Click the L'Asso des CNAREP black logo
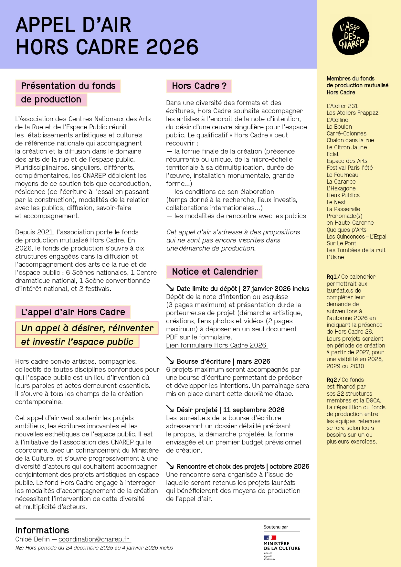351,36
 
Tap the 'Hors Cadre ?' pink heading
199,86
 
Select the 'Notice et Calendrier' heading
215,272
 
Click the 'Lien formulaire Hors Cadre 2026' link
216,345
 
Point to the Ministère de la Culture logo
282,547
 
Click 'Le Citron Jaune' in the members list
346,147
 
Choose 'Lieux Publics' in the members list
343,195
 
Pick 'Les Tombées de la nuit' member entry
356,250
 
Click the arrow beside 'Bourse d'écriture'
170,361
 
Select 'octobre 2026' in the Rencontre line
289,466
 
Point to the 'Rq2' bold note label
332,380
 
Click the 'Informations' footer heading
42,530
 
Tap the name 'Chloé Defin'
32,539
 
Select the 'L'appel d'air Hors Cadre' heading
73,312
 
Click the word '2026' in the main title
172,47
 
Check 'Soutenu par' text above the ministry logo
276,527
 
